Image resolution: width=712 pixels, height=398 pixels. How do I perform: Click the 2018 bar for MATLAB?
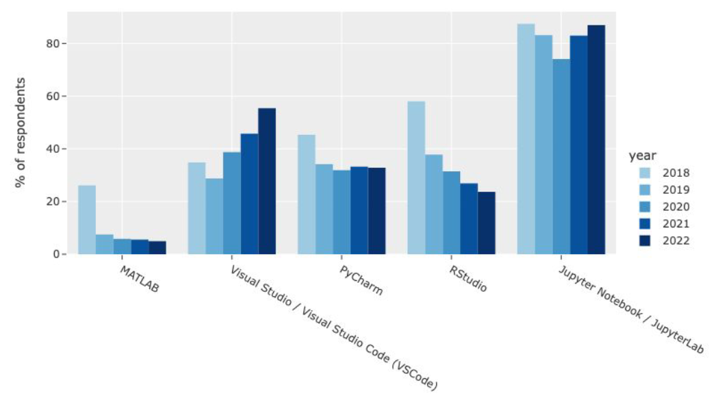pyautogui.click(x=86, y=219)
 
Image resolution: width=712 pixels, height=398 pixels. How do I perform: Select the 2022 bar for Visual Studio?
pyautogui.click(x=266, y=181)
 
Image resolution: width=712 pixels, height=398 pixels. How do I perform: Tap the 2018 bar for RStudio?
pyautogui.click(x=416, y=177)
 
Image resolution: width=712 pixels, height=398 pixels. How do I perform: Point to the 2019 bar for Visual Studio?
pyautogui.click(x=214, y=216)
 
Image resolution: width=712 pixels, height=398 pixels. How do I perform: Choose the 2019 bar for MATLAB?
pyautogui.click(x=104, y=244)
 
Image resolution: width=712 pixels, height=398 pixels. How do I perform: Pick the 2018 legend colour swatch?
pyautogui.click(x=641, y=173)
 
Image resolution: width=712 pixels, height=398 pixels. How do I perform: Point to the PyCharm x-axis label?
pyautogui.click(x=361, y=280)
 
